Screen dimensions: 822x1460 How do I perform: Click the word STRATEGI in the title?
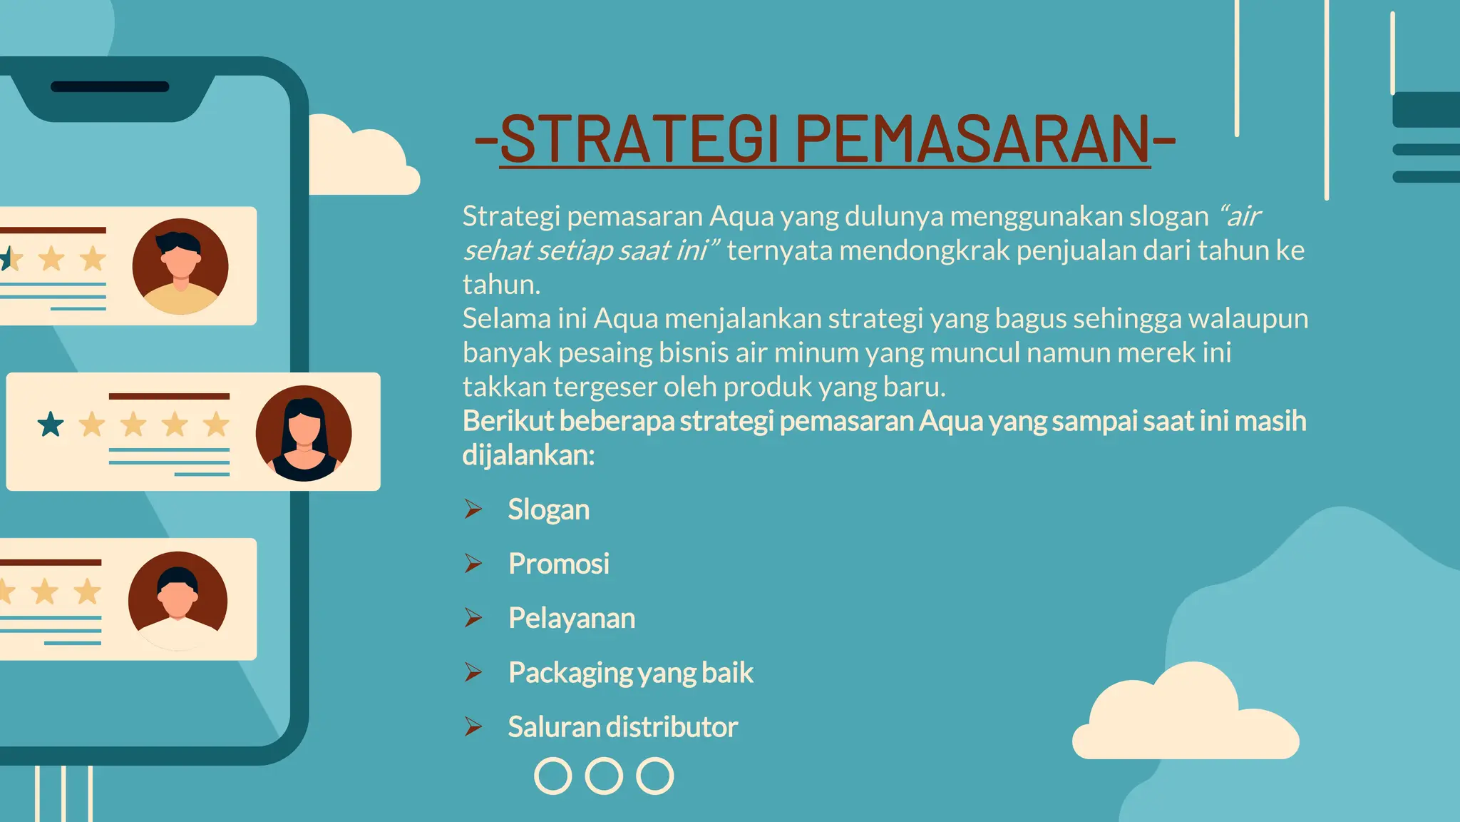[x=639, y=139]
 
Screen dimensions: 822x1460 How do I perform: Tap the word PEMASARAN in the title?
[x=972, y=139]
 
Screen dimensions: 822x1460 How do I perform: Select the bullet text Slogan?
[x=548, y=509]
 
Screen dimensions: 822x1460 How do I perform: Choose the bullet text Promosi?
[x=559, y=564]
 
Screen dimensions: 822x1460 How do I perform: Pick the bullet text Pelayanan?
[x=571, y=618]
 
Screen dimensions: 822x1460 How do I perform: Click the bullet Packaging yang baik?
[x=630, y=672]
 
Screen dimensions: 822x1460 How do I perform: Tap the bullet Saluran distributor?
[x=622, y=726]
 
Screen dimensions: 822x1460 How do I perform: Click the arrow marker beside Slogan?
[x=473, y=509]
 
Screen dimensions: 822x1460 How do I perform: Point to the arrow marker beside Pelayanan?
[x=473, y=618]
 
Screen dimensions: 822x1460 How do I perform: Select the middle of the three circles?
[x=604, y=776]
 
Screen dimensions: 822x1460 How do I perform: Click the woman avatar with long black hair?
[x=304, y=433]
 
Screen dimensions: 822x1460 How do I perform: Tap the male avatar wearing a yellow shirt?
[x=180, y=266]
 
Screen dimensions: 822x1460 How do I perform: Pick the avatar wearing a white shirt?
[x=178, y=601]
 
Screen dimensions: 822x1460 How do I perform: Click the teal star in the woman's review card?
[x=51, y=425]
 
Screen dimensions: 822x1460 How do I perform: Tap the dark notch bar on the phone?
[x=110, y=87]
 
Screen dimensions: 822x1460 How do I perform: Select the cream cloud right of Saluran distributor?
[x=1185, y=717]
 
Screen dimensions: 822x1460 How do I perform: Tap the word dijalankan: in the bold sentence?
[x=528, y=455]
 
